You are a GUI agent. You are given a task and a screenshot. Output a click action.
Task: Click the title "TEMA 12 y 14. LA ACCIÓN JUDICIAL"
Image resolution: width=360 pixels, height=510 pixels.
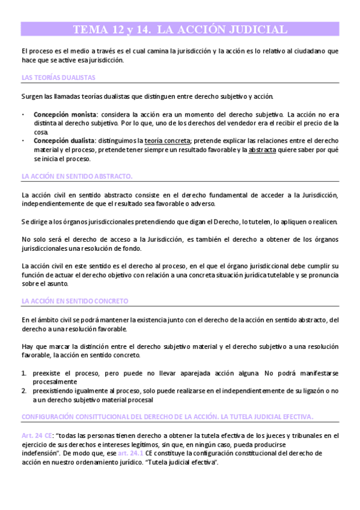(180, 29)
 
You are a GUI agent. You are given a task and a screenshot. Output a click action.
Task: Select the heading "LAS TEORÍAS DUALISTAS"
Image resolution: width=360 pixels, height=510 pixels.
(58, 78)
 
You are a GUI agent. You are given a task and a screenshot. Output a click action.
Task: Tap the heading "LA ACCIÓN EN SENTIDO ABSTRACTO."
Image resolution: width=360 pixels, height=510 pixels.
(77, 176)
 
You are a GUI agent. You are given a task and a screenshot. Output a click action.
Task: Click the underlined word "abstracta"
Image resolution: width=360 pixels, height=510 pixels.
(262, 150)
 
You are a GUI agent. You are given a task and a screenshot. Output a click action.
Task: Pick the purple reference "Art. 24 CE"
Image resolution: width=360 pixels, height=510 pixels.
(35, 435)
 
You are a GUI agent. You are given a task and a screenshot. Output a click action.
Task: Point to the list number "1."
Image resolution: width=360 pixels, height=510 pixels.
(24, 373)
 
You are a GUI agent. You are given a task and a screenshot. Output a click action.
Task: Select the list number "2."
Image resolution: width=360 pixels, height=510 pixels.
(24, 390)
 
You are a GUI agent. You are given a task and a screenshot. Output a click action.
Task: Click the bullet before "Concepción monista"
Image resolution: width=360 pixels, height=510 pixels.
(23, 114)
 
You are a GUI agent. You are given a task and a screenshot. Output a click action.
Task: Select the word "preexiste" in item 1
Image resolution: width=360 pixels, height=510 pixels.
(47, 373)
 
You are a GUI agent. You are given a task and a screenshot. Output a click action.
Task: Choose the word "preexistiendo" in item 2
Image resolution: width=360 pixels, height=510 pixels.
(54, 390)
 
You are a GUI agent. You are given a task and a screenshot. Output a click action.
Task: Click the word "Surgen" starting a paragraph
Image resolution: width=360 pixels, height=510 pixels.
(32, 96)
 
